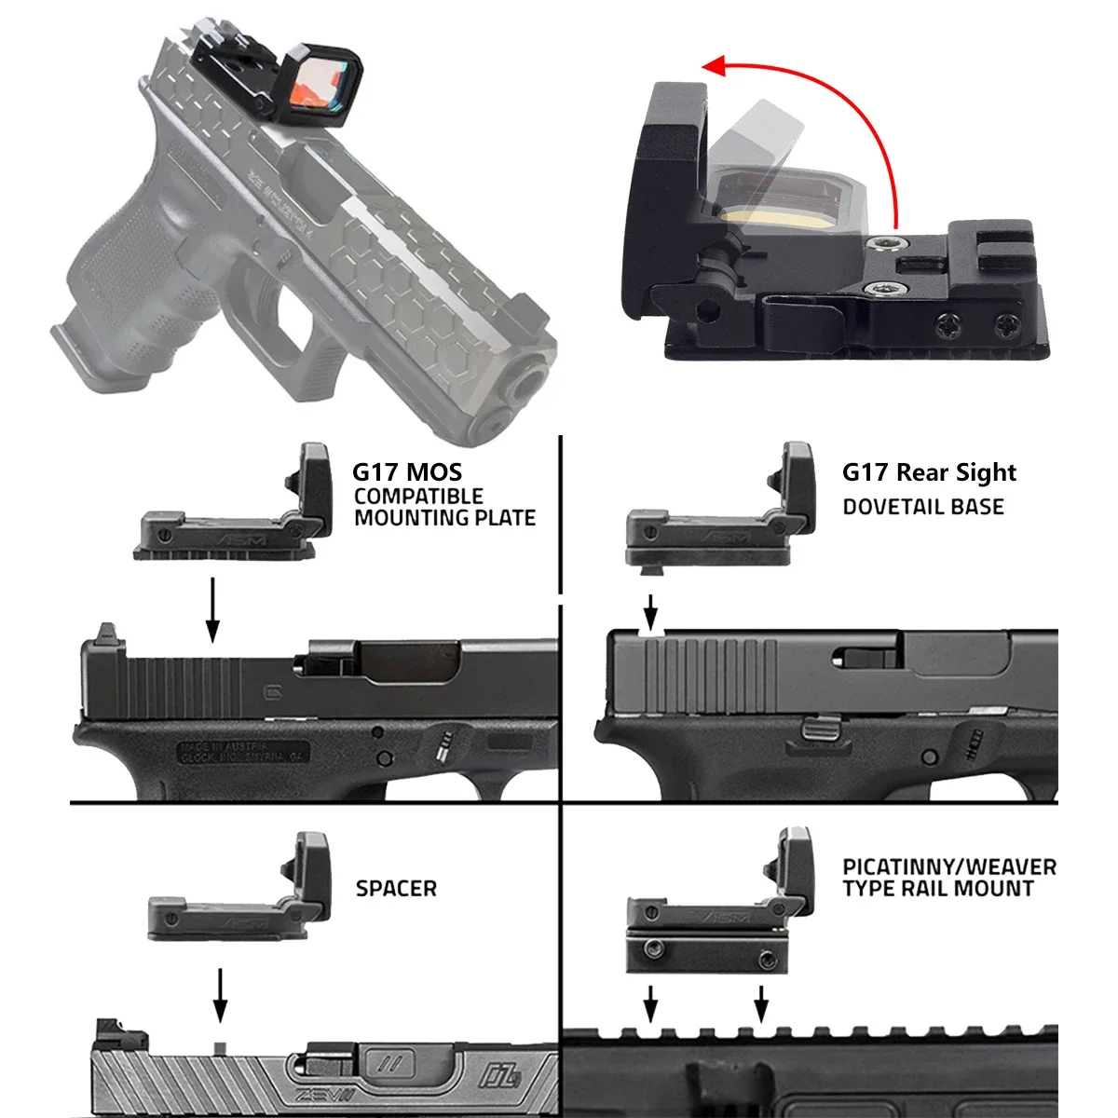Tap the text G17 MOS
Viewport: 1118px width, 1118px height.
[x=406, y=472]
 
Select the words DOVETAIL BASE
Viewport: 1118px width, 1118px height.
[x=922, y=508]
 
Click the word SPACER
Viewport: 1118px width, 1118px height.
[x=396, y=889]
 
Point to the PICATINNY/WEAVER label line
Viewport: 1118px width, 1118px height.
[x=948, y=867]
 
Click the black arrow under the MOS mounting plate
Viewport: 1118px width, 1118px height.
[x=213, y=609]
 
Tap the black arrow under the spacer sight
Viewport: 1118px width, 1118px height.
[x=220, y=995]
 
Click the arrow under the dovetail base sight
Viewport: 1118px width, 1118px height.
[x=651, y=611]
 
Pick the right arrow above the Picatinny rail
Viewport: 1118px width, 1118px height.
[x=761, y=1004]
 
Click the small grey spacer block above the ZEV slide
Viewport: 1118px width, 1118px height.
[x=220, y=1047]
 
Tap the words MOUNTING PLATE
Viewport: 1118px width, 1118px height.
[x=444, y=518]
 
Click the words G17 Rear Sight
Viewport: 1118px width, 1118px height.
[x=929, y=472]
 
